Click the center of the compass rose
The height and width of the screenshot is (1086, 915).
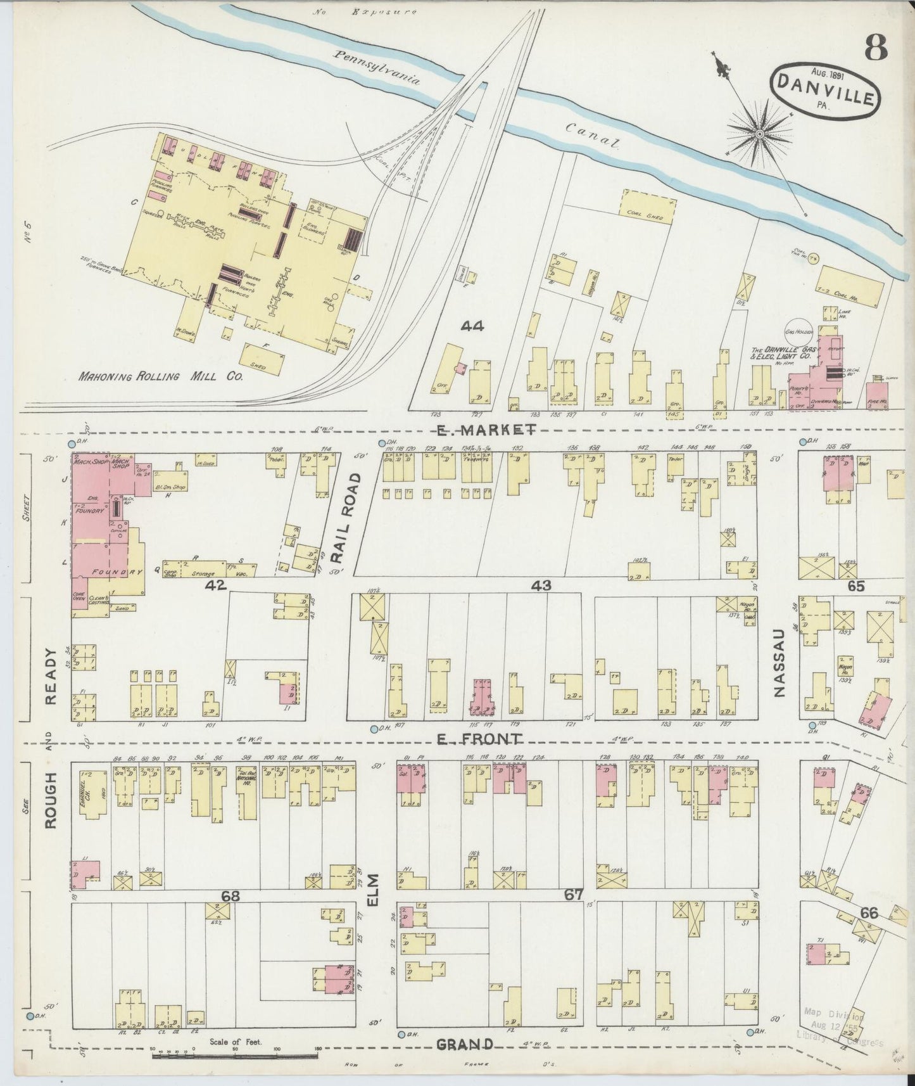click(759, 134)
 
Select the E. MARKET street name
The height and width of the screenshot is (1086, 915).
click(483, 431)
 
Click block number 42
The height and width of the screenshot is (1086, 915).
click(215, 586)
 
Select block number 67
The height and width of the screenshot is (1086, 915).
click(574, 894)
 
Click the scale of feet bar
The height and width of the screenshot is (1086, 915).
click(234, 1056)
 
